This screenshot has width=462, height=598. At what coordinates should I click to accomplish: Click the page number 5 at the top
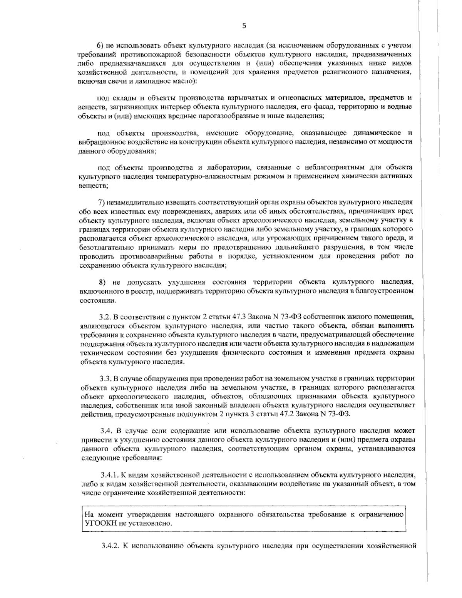point(244,25)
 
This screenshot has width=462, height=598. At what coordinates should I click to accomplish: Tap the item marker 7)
point(102,202)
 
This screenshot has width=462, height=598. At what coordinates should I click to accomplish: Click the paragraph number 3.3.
point(105,378)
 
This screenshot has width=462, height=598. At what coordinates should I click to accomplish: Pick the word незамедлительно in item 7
point(134,202)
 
